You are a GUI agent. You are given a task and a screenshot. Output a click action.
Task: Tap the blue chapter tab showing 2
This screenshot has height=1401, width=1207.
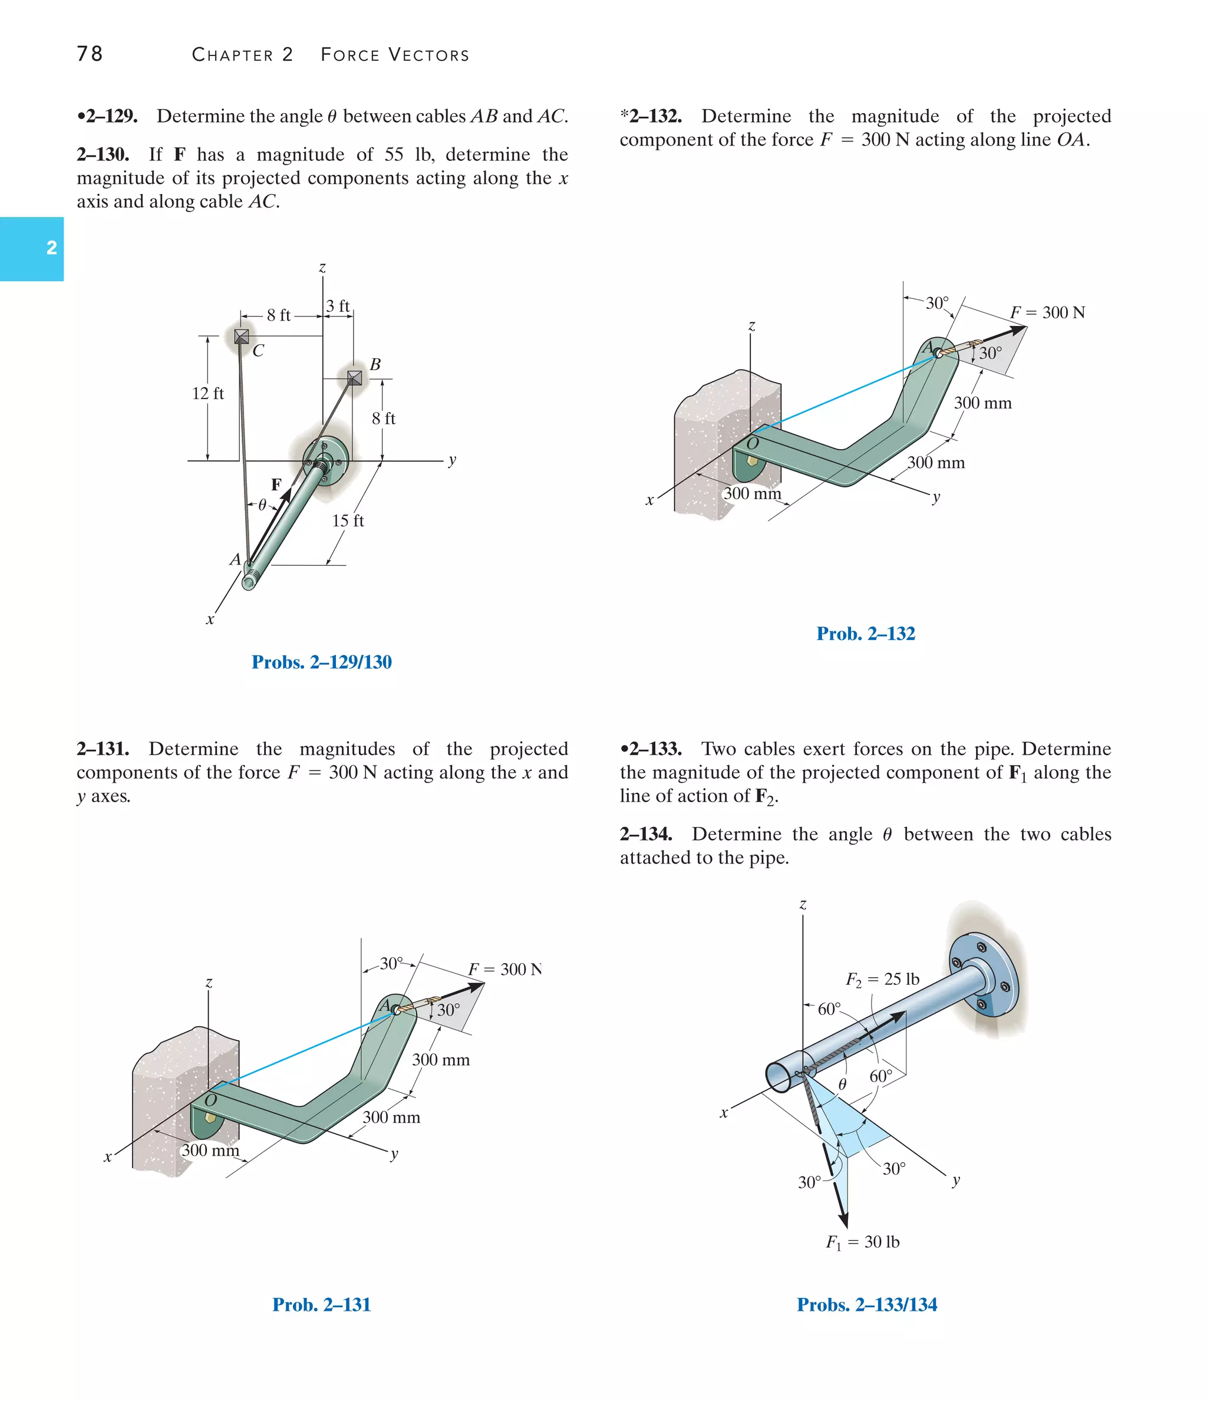32,248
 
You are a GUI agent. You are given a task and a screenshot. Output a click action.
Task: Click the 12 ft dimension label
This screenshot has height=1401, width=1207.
207,394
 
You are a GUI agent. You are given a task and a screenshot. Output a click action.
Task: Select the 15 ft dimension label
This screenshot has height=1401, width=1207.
348,520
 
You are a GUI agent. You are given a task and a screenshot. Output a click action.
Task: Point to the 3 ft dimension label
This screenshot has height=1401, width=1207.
338,306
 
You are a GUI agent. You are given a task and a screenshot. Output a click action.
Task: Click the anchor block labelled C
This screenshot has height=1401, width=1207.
242,336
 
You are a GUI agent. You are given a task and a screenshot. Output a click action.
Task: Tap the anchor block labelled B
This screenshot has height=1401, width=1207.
354,377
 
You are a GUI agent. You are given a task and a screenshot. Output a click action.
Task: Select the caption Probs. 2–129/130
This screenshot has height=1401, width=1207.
321,662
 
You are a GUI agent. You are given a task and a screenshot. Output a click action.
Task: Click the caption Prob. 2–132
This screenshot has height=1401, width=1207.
866,634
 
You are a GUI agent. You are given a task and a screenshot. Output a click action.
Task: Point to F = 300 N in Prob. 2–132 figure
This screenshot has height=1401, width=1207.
1047,312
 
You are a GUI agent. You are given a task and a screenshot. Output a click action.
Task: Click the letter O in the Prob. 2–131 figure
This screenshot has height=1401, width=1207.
210,1100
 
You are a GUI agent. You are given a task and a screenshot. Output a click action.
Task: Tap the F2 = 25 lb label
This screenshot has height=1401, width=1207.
882,980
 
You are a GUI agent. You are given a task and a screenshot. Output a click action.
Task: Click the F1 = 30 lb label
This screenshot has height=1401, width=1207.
863,1242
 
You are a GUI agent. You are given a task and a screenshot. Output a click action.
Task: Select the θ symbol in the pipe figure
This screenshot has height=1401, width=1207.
843,1084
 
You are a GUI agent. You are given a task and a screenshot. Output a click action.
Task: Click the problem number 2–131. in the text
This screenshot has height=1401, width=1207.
103,749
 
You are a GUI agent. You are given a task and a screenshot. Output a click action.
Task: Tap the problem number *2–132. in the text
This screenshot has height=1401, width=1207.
651,116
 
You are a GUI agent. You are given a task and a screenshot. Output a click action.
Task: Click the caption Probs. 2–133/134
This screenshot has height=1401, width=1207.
867,1305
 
